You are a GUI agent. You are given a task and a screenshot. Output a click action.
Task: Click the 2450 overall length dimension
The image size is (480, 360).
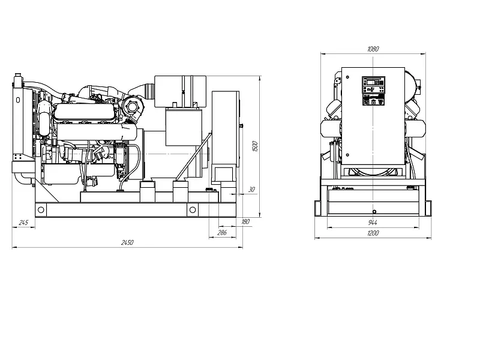tap(127, 242)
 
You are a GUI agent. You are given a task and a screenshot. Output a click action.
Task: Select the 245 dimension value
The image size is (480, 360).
tap(23, 223)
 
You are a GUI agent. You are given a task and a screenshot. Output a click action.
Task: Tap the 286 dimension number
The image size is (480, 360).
tap(222, 233)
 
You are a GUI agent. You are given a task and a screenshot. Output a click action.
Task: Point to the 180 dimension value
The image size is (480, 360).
tap(245, 221)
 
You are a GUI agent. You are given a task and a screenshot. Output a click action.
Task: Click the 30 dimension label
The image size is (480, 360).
tap(251, 190)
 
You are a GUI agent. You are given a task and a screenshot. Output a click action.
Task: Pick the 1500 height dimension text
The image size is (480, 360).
tap(256, 146)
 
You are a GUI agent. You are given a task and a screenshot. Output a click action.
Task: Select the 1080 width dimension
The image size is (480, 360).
tap(373, 49)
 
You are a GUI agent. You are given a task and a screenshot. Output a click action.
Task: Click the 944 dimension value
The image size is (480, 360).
tap(373, 223)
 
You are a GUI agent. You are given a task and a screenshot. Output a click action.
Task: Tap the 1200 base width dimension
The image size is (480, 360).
tap(373, 233)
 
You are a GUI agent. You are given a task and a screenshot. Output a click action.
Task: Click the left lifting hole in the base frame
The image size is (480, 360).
tap(41, 210)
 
